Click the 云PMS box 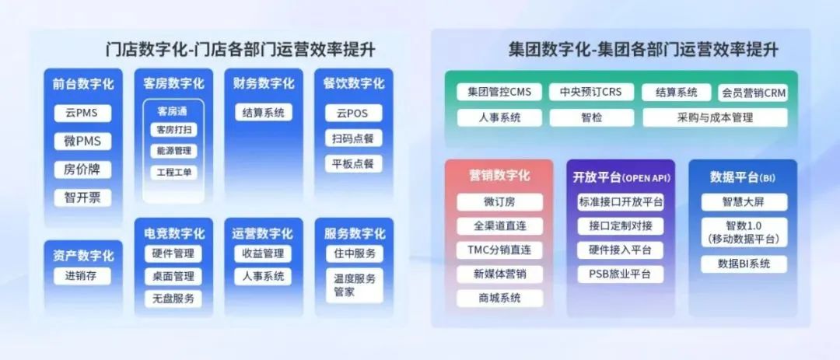pyautogui.click(x=82, y=113)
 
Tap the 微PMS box pyautogui.click(x=82, y=142)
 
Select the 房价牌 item pyautogui.click(x=82, y=170)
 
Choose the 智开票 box pyautogui.click(x=82, y=197)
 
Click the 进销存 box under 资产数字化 pyautogui.click(x=82, y=276)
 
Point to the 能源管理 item pyautogui.click(x=173, y=151)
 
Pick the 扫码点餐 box pyautogui.click(x=354, y=138)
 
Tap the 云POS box pyautogui.click(x=354, y=113)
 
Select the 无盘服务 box pyautogui.click(x=173, y=299)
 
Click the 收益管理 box pyautogui.click(x=263, y=253)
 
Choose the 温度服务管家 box pyautogui.click(x=355, y=285)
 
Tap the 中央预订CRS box pyautogui.click(x=591, y=93)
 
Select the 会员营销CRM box pyautogui.click(x=753, y=93)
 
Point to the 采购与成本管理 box pyautogui.click(x=716, y=118)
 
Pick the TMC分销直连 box pyautogui.click(x=500, y=250)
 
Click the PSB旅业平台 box pyautogui.click(x=621, y=274)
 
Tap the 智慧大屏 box pyautogui.click(x=744, y=202)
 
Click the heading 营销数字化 pyautogui.click(x=499, y=176)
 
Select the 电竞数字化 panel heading pyautogui.click(x=174, y=233)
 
